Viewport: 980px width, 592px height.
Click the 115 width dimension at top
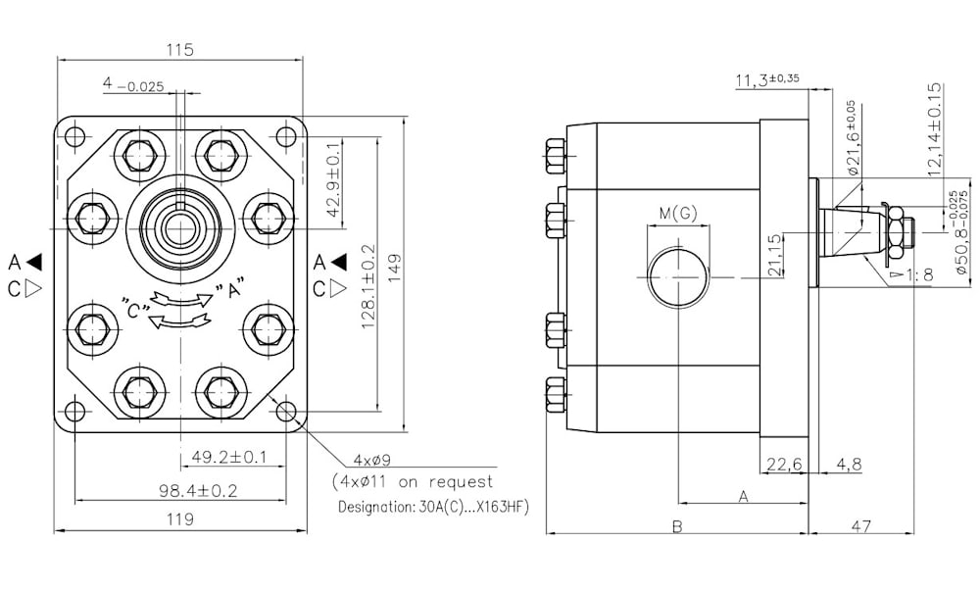[180, 49]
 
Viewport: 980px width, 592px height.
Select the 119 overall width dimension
[180, 518]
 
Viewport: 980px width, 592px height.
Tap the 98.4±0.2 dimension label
[198, 491]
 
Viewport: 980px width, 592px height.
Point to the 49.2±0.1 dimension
[228, 458]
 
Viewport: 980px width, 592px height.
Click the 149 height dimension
[394, 268]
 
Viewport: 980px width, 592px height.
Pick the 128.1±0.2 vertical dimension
[368, 287]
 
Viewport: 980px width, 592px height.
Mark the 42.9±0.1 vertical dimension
[334, 179]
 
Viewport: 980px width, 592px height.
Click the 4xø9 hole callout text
[371, 461]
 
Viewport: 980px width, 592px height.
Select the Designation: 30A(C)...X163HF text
[433, 507]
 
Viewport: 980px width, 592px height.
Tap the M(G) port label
[678, 214]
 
